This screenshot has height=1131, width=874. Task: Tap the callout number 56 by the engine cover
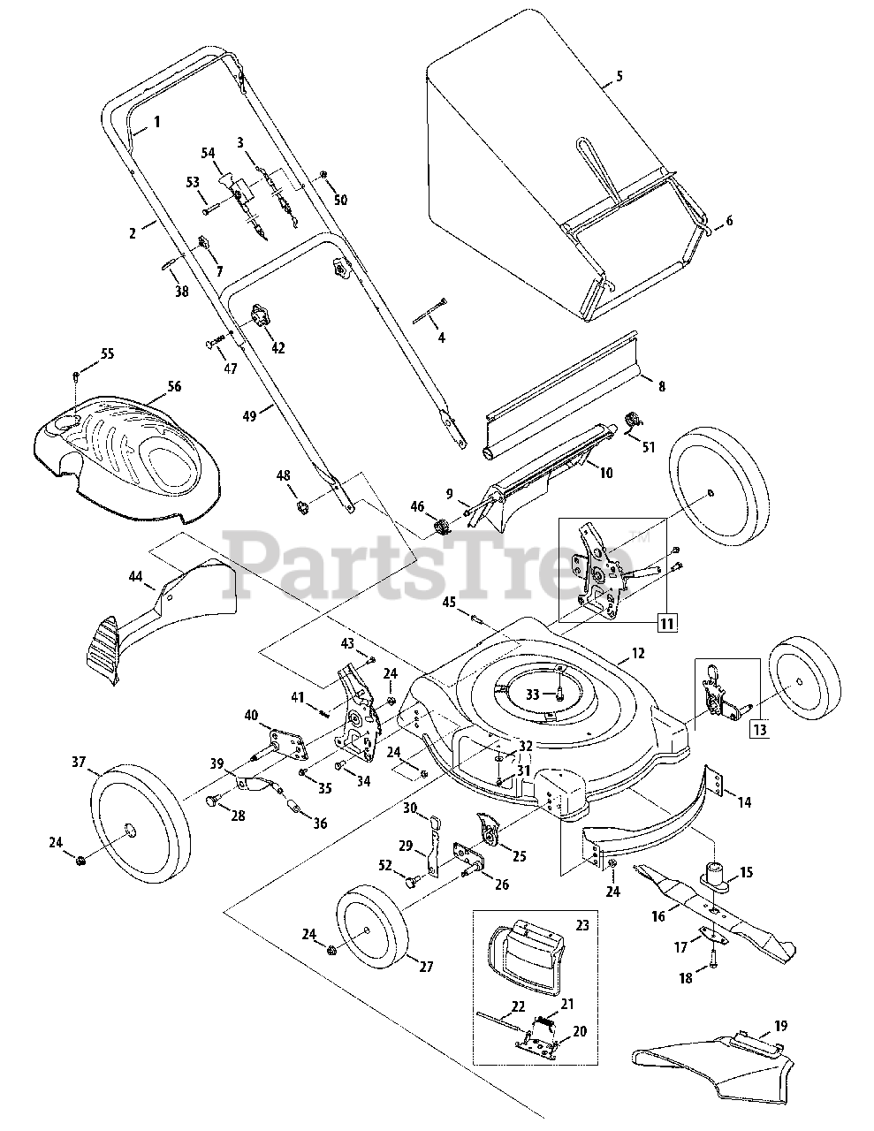pos(173,387)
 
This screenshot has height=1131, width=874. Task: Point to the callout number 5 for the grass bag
pos(619,77)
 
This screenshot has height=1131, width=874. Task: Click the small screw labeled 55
pos(76,376)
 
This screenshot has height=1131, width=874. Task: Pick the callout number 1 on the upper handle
pos(157,122)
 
